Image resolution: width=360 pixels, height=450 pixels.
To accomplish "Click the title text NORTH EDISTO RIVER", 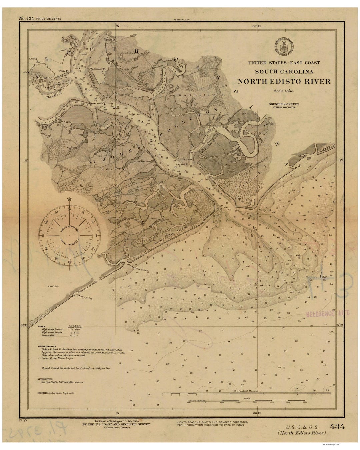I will click(x=284, y=81).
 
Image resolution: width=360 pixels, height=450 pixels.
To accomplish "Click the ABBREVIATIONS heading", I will click(x=47, y=347).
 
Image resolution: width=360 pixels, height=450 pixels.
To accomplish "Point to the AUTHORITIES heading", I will click(x=45, y=379).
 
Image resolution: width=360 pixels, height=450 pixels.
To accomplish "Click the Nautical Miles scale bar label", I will click(x=246, y=390).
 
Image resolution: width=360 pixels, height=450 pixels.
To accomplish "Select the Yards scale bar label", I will click(x=246, y=398).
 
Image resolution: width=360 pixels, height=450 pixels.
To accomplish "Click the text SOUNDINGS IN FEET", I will click(x=284, y=104).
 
